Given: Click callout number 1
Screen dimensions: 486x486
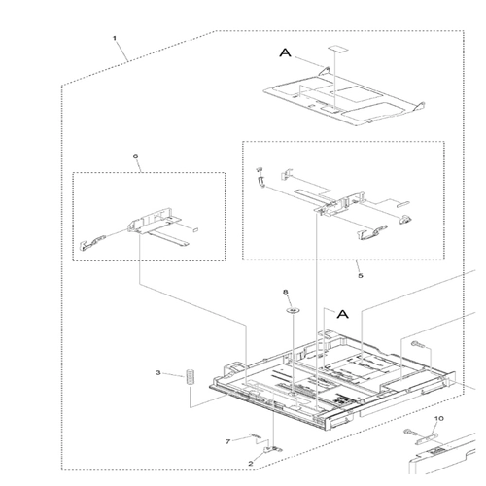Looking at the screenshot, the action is click(x=114, y=38).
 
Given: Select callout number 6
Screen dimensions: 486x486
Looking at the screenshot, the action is click(x=135, y=156).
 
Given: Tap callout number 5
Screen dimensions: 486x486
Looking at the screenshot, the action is click(x=361, y=276).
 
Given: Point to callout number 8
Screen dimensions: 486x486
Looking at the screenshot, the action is click(x=286, y=293).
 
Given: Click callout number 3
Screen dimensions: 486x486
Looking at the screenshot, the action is click(x=158, y=373).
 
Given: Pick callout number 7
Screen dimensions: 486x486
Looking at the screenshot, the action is click(x=227, y=441).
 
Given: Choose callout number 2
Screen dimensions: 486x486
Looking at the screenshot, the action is click(x=251, y=464).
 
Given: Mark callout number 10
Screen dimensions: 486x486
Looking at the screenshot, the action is click(x=439, y=419).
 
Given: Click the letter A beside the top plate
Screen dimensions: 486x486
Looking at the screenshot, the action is click(x=285, y=52).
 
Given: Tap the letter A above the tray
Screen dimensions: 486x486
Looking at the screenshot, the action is click(x=343, y=314).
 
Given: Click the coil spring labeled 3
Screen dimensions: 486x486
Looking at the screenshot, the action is click(x=190, y=377).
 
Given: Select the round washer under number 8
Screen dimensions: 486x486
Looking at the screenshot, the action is click(x=293, y=311).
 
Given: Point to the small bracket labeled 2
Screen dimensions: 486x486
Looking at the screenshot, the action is click(x=273, y=449).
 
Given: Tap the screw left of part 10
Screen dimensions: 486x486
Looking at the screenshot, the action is click(x=409, y=432).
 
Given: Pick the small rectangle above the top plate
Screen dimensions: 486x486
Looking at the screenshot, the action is click(x=336, y=49).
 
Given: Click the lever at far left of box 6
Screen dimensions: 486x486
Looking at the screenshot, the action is click(x=92, y=243).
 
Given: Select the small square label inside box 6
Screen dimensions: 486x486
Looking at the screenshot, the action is click(x=195, y=229).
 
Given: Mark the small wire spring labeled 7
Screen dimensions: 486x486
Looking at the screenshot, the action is click(x=255, y=435).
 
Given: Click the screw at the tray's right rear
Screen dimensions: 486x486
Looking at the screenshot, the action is click(x=418, y=344).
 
